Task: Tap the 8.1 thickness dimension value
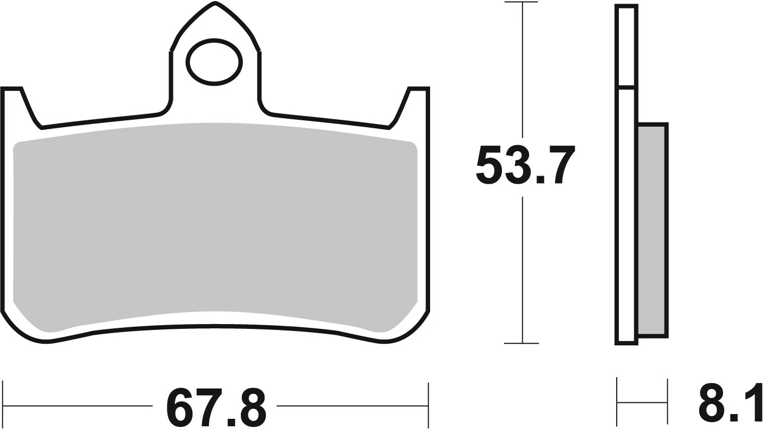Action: (729, 406)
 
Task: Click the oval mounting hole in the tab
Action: (214, 61)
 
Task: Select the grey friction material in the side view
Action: (652, 229)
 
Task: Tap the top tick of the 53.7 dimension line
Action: (522, 3)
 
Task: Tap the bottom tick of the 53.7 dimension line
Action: (522, 343)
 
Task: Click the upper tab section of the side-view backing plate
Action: (625, 45)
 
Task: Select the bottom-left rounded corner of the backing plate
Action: (21, 330)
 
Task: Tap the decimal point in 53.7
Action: (541, 180)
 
